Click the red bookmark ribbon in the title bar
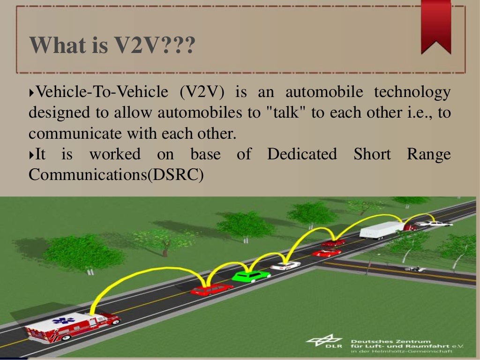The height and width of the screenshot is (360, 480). [x=435, y=26]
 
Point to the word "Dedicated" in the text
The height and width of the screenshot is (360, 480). [x=301, y=154]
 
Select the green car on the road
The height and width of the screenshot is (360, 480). [x=250, y=276]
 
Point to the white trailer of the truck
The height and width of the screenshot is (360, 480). [x=381, y=230]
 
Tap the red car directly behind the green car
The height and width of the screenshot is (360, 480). [x=211, y=290]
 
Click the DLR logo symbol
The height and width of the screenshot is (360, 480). [x=324, y=342]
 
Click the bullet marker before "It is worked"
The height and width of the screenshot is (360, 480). [x=31, y=154]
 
